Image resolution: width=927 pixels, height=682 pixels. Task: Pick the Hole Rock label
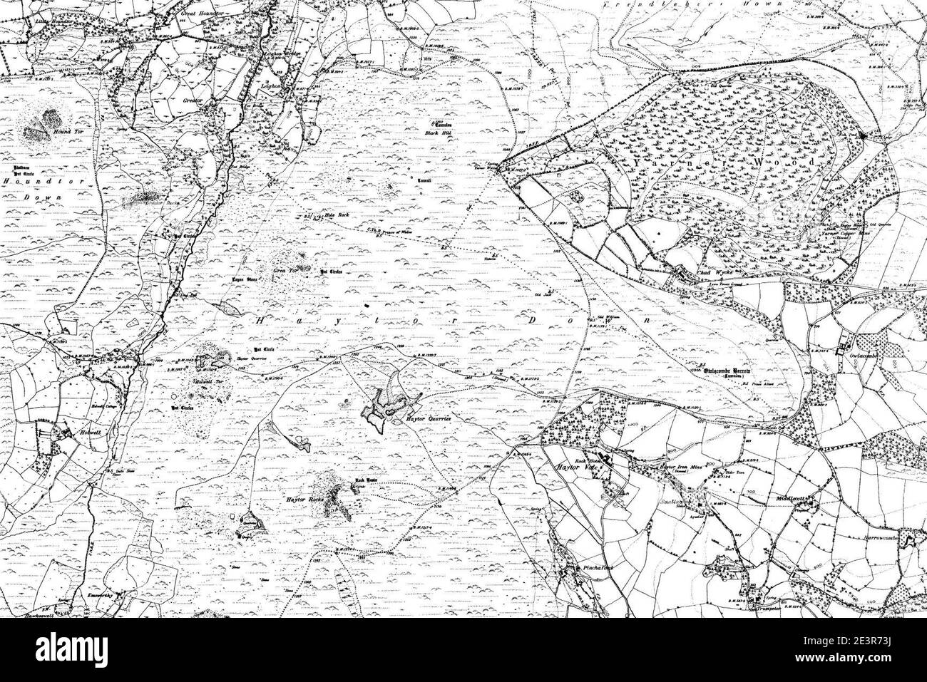click(336, 215)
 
